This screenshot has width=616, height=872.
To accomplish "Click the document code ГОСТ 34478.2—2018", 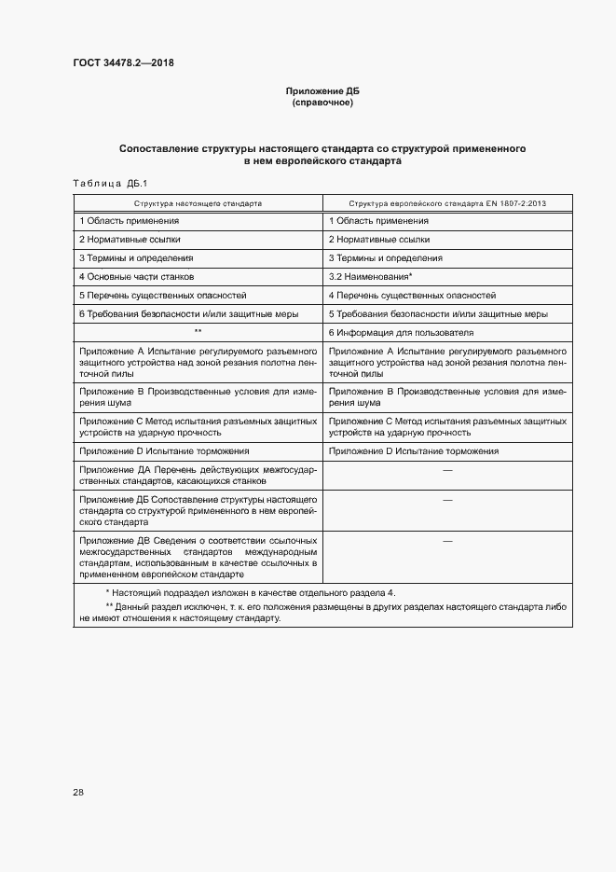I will [123, 63].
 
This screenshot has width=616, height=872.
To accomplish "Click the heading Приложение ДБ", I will [322, 90].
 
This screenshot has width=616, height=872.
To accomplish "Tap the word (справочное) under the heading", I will [322, 102].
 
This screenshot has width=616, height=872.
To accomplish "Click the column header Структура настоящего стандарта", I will [198, 202].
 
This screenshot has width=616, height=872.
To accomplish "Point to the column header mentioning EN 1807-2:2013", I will [447, 202].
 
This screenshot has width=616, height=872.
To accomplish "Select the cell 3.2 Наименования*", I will [370, 277].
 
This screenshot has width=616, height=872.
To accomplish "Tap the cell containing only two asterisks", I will [198, 333].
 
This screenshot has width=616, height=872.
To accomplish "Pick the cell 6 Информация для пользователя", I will [401, 333].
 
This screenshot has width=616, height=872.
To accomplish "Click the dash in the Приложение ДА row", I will [447, 470].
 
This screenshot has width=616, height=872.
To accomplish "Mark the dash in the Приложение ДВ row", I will [447, 541].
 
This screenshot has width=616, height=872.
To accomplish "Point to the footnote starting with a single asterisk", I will [250, 593].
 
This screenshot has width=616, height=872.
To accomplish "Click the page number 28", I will [78, 792].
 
